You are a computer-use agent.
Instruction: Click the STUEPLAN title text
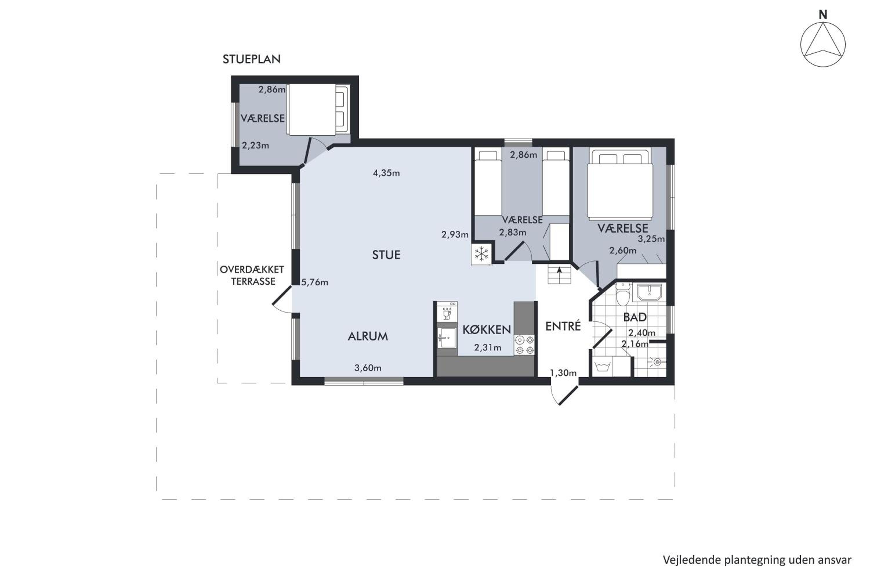(x=251, y=59)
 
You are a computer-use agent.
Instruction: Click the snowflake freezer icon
(x=482, y=254)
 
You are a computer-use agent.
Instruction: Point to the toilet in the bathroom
(x=624, y=294)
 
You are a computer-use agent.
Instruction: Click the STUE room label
(x=386, y=255)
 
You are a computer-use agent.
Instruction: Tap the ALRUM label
(x=368, y=336)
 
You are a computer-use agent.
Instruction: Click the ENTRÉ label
(x=563, y=326)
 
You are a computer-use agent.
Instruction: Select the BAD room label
(x=635, y=317)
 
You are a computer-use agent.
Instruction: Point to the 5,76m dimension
(x=314, y=282)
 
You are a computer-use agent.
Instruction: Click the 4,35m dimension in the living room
(x=386, y=173)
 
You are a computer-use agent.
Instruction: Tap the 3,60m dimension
(x=368, y=368)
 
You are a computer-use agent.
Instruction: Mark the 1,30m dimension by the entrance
(x=563, y=373)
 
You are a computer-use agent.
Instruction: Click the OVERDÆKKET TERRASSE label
(x=252, y=275)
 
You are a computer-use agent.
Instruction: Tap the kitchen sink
(x=447, y=338)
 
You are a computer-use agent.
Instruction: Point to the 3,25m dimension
(x=651, y=239)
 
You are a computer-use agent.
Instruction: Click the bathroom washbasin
(x=650, y=292)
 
